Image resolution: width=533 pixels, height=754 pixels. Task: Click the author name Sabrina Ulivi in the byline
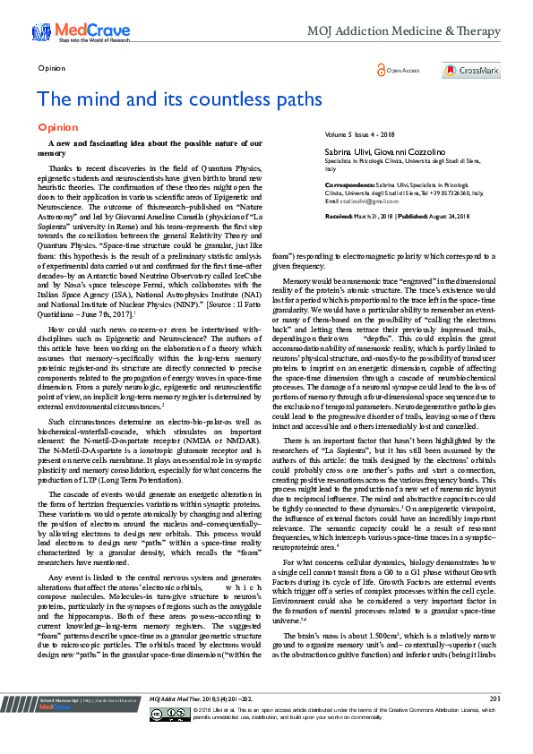pos(347,153)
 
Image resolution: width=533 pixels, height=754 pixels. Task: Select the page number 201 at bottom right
pos(494,723)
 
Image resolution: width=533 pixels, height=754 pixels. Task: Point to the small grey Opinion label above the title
pos(51,68)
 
